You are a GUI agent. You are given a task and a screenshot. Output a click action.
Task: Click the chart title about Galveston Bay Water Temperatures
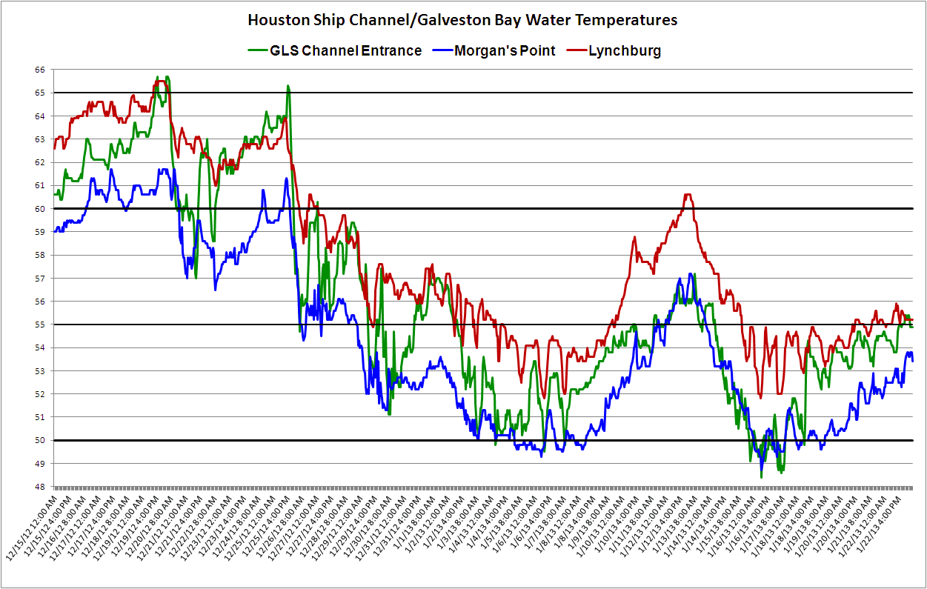tap(462, 20)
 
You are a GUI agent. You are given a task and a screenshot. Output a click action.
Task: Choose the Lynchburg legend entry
tap(624, 50)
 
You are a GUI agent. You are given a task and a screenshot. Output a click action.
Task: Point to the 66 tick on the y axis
tap(39, 70)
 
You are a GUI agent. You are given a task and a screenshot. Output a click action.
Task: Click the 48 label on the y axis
tap(39, 487)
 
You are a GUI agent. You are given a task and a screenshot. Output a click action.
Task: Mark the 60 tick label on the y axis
tap(39, 209)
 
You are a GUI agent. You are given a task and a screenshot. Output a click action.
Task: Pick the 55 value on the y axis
tap(39, 325)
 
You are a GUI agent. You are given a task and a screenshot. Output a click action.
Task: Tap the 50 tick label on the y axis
tap(39, 440)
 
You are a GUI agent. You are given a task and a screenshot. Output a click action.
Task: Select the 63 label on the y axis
tap(39, 139)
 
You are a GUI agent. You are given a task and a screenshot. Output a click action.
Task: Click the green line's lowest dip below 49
tap(761, 476)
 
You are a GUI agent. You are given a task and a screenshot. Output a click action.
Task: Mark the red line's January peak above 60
tap(688, 195)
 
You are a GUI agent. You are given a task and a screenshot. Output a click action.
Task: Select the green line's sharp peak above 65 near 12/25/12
tap(288, 86)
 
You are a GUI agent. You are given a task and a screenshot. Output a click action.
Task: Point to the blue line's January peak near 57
tap(691, 274)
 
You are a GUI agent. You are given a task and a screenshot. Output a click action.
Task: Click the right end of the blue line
tap(912, 361)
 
